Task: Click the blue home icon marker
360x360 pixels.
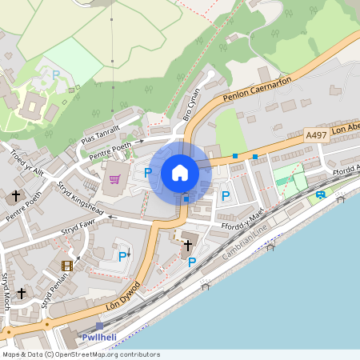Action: [180, 173]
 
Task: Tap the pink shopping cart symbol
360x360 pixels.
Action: [114, 178]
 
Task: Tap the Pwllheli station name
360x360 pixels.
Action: [99, 337]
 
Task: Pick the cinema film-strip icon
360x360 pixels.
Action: [67, 265]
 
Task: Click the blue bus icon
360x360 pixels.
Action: [320, 194]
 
